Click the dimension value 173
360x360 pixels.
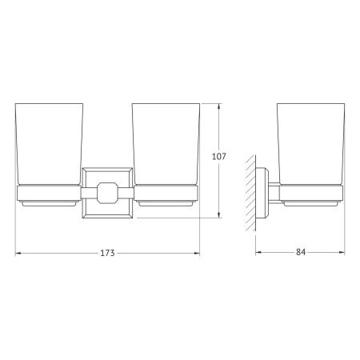pyautogui.click(x=108, y=253)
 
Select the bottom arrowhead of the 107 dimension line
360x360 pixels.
pyautogui.click(x=221, y=214)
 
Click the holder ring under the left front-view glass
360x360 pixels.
pyautogui.click(x=47, y=192)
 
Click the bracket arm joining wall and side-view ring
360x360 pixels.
pyautogui.click(x=272, y=192)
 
